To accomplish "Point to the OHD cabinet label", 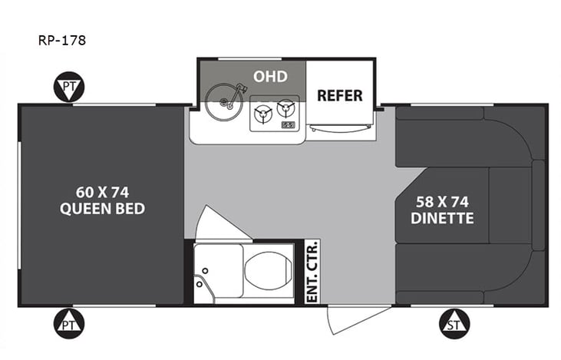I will tap(270, 76).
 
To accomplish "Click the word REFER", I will tap(340, 96).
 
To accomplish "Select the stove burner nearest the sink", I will tap(264, 114).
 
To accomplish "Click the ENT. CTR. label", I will tap(312, 272).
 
